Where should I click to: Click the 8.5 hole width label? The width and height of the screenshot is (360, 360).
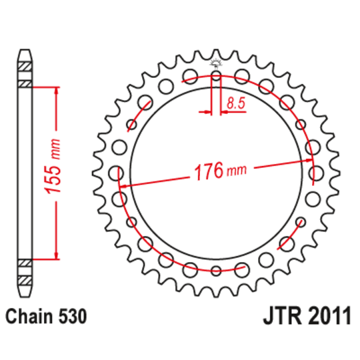[x=235, y=103]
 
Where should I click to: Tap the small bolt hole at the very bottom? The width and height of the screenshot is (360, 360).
[x=216, y=270]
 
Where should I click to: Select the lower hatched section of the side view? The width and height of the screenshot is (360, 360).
[x=25, y=271]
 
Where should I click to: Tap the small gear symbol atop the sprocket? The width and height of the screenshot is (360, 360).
[x=215, y=63]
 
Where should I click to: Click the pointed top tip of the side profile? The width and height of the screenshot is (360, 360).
[x=25, y=51]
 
